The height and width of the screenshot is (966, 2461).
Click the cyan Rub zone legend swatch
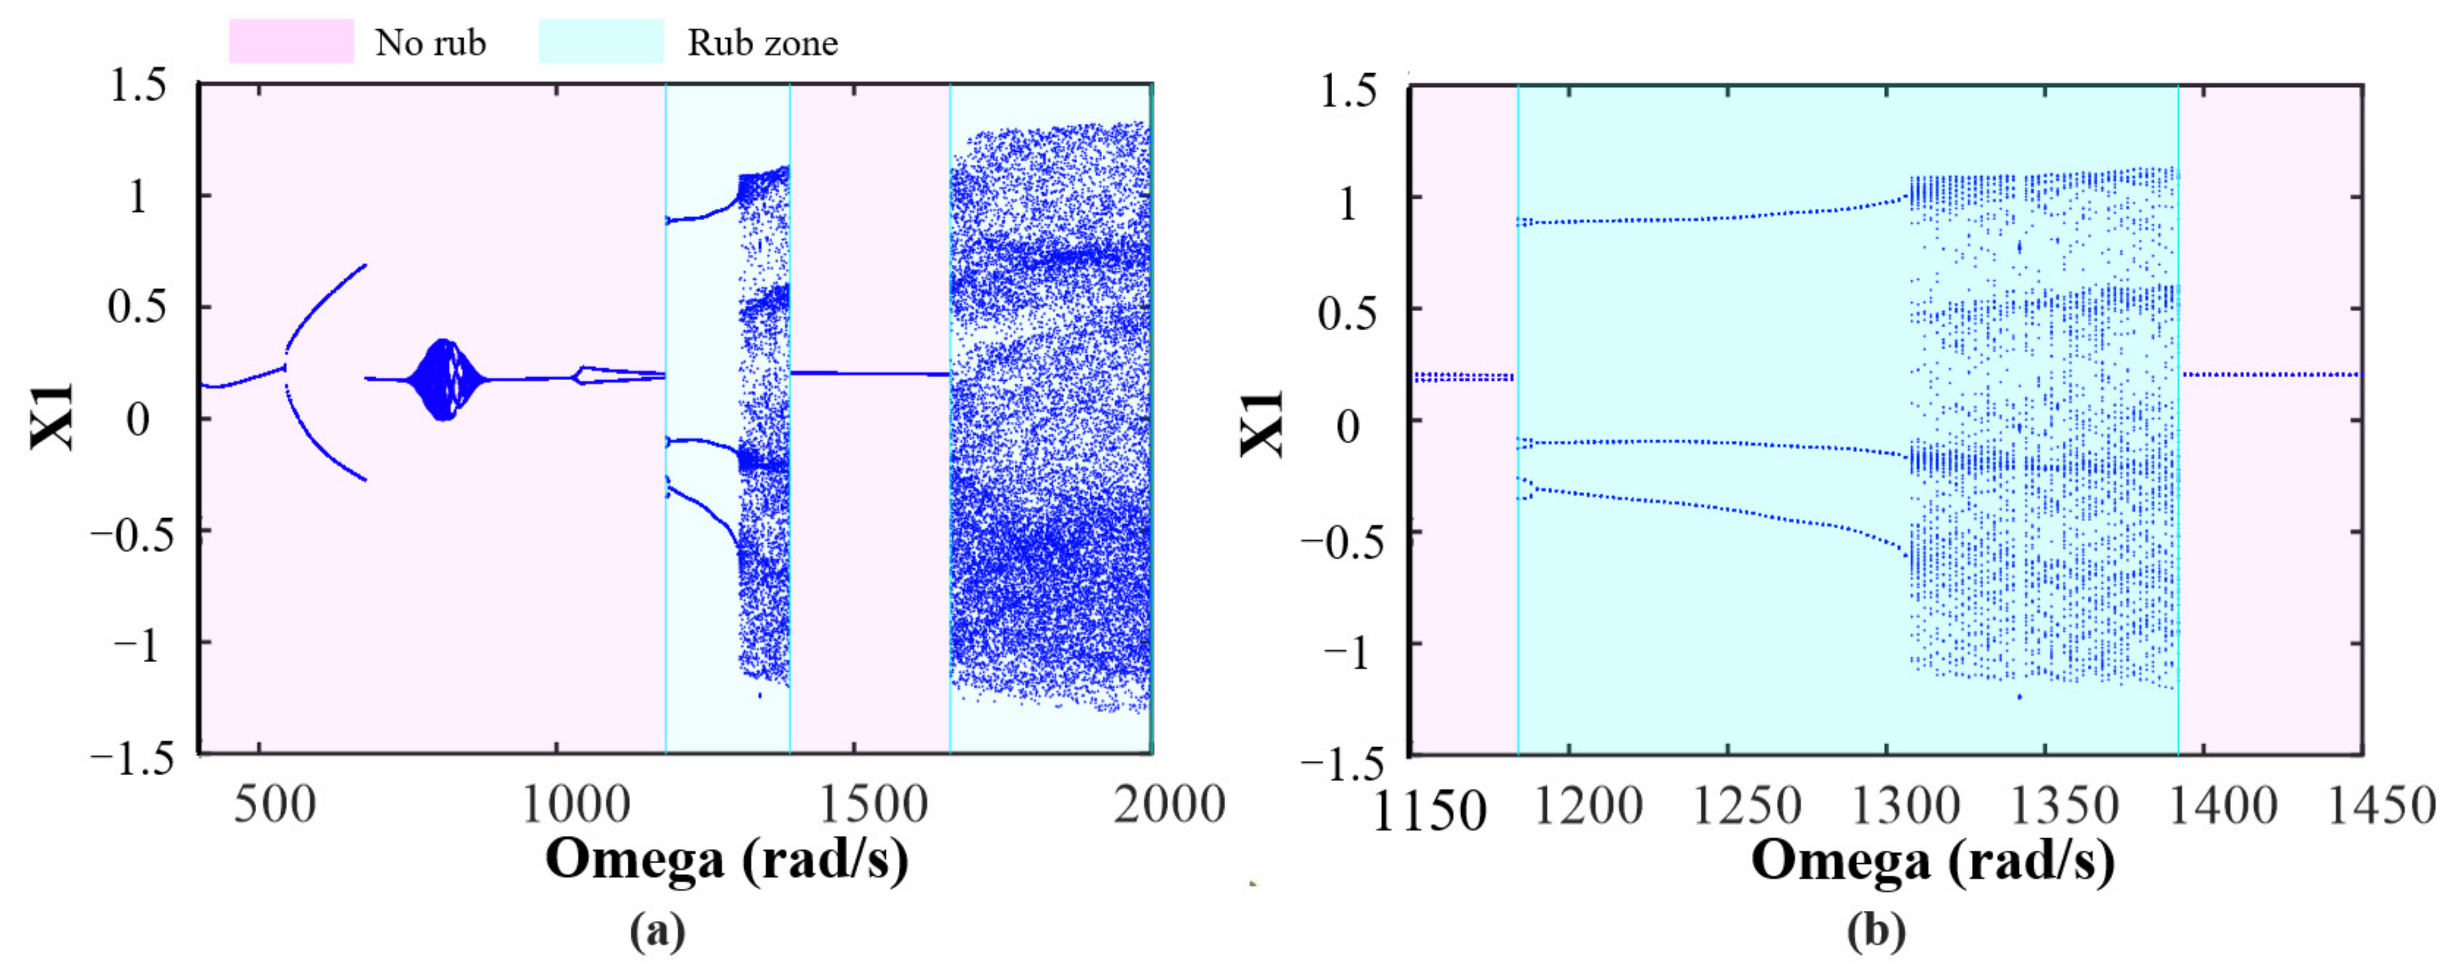point(601,42)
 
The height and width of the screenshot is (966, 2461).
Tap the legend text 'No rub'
point(430,43)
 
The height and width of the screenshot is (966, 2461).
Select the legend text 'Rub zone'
point(762,43)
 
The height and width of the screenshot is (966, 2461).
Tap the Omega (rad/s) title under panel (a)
point(726,858)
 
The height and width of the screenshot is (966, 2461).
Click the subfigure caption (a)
point(657,930)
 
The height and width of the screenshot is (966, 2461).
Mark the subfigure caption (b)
point(1875,930)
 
